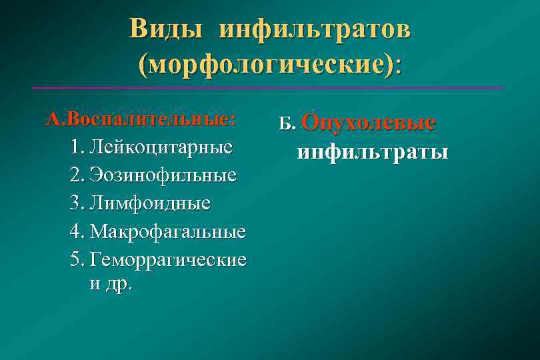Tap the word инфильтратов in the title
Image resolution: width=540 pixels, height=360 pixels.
(x=315, y=29)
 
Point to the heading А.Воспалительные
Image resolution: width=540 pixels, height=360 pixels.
(x=140, y=119)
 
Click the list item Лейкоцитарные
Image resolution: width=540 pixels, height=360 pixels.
(x=161, y=147)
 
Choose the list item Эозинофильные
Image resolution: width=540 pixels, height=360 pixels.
(x=163, y=175)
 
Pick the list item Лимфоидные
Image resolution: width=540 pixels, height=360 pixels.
(x=150, y=203)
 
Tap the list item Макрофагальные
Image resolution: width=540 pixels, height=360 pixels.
(x=168, y=231)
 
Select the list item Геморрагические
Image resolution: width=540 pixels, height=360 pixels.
(x=168, y=259)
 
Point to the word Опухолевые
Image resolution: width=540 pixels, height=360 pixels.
(x=368, y=123)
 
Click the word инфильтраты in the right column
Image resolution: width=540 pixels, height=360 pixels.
(x=372, y=152)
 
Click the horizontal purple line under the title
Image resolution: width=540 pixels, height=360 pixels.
(x=267, y=88)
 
